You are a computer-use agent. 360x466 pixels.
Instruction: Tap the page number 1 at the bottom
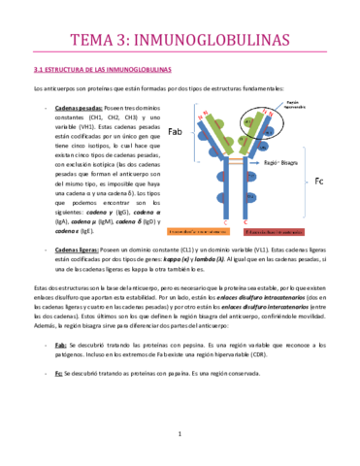[180, 433]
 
